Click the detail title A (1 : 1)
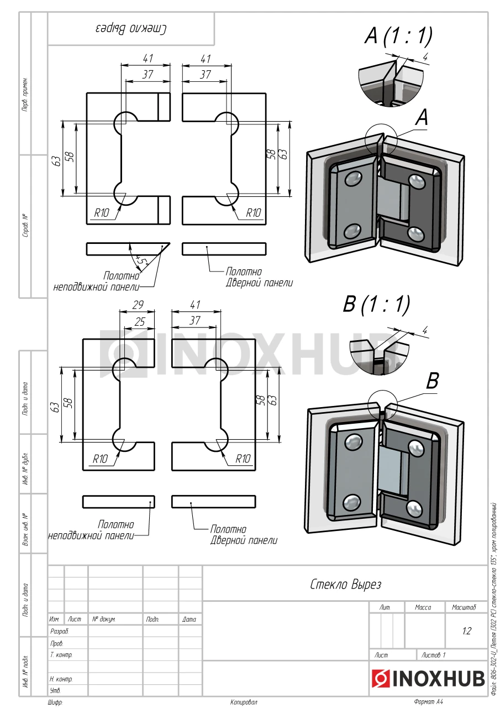[x=398, y=36]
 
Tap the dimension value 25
[x=140, y=321]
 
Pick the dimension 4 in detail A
[x=425, y=56]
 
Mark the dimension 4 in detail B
[x=425, y=330]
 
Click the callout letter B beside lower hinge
[x=433, y=381]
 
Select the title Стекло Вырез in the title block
[x=345, y=584]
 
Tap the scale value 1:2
[x=466, y=631]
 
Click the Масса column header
[x=423, y=607]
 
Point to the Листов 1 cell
[x=433, y=655]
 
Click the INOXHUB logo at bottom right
[x=428, y=678]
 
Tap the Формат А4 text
[x=428, y=702]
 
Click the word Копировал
[x=244, y=702]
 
